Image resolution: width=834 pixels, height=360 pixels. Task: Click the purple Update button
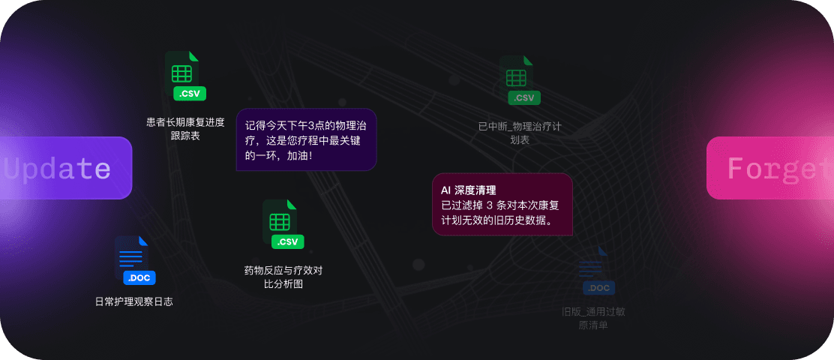click(66, 168)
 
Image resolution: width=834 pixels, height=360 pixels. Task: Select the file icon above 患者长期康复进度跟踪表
click(182, 71)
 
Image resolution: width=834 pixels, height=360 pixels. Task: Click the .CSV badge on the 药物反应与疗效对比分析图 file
click(288, 241)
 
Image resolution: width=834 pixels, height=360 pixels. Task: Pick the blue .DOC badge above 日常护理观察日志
click(139, 278)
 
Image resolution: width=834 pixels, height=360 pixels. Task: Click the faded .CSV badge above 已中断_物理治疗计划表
click(523, 97)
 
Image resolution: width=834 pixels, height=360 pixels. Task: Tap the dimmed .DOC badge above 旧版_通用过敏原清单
click(598, 288)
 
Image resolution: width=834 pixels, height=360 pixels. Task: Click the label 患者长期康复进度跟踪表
click(185, 129)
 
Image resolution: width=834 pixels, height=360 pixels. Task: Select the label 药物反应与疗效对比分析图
click(283, 277)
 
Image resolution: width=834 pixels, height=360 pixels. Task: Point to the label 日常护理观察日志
click(134, 301)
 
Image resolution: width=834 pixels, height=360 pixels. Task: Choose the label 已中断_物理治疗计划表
click(520, 133)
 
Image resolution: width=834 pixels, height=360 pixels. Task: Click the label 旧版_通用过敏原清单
click(593, 318)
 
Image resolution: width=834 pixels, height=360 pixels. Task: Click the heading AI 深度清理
click(469, 190)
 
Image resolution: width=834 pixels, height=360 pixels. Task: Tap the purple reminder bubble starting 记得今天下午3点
click(306, 139)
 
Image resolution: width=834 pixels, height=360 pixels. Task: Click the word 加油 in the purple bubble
click(297, 156)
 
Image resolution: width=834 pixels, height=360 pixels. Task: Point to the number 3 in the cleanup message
click(490, 205)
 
